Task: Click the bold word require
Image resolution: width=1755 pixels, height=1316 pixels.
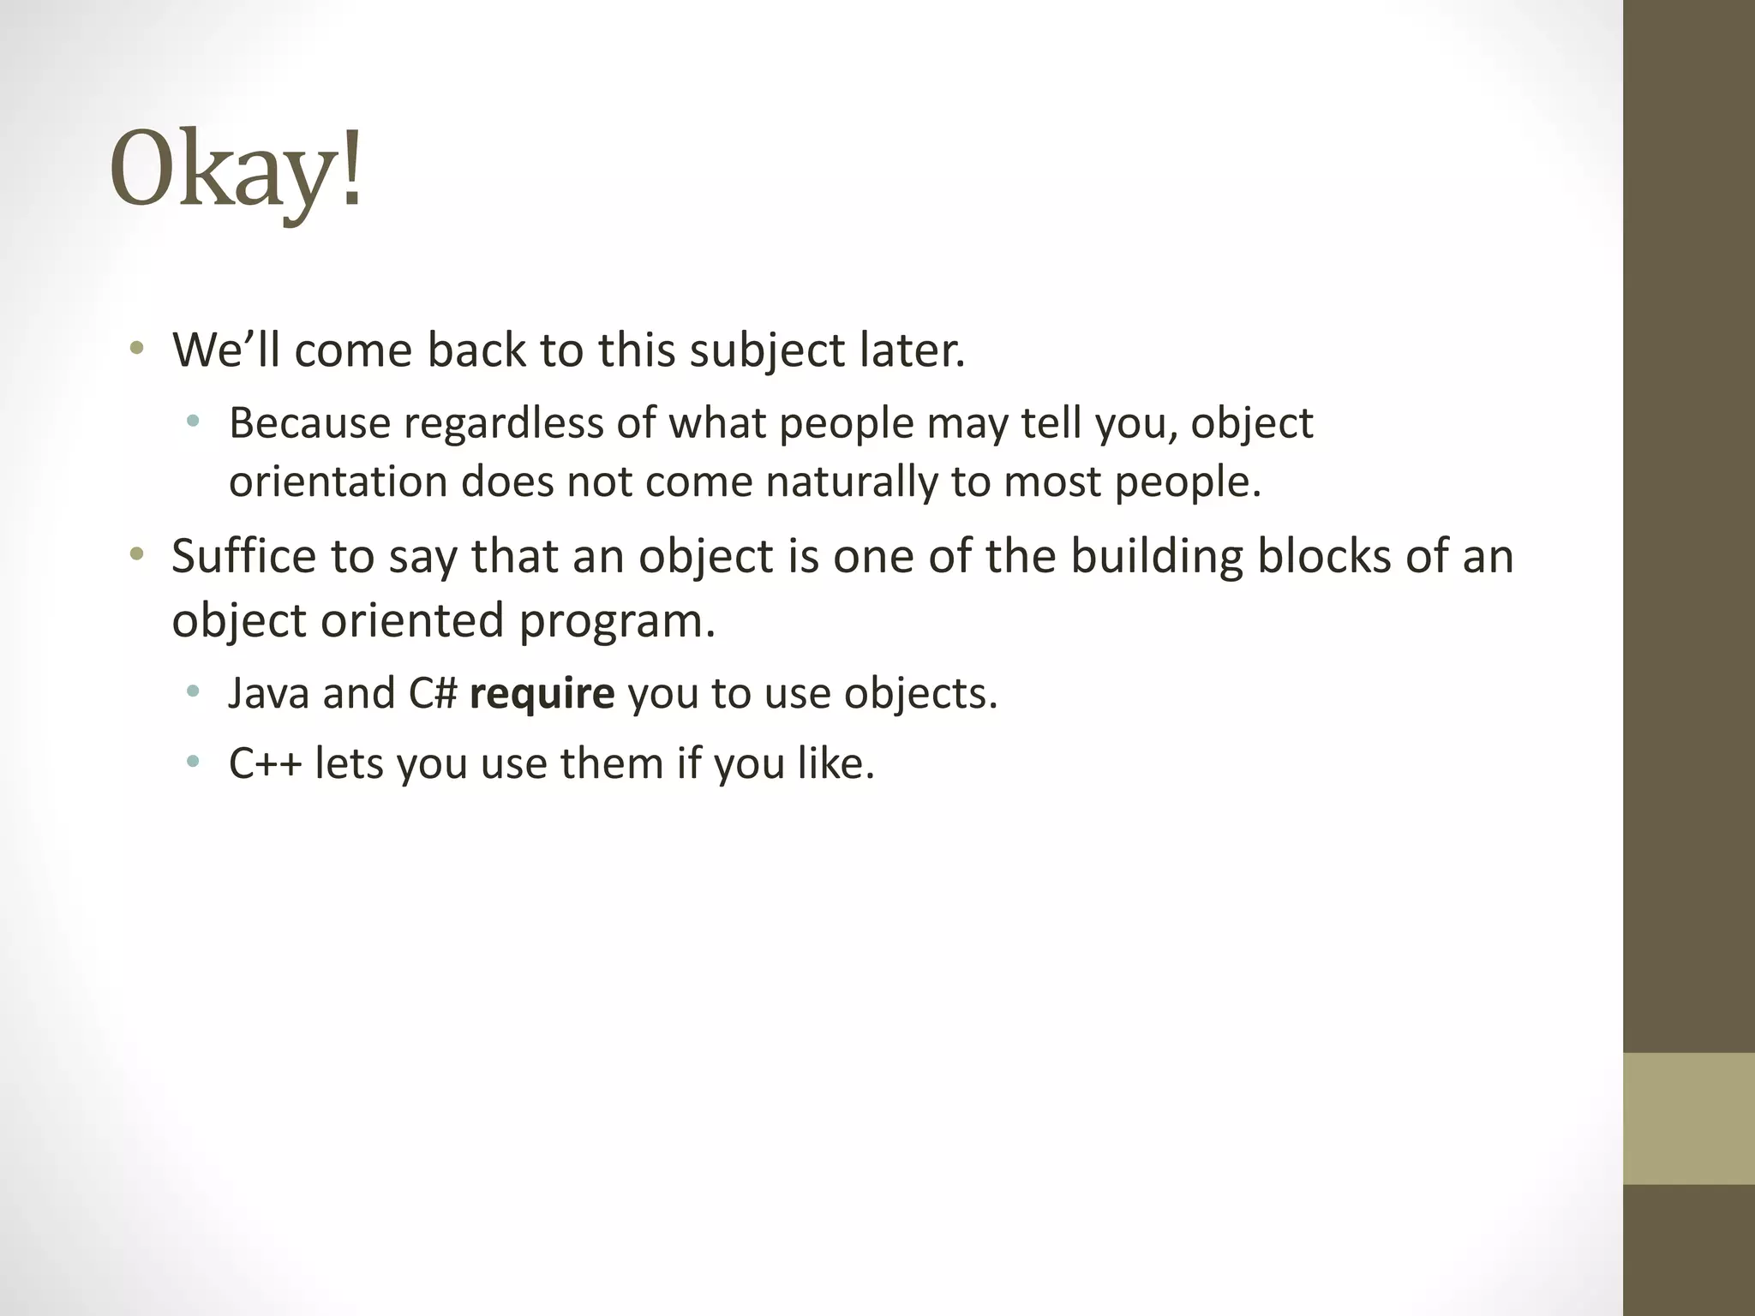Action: pyautogui.click(x=542, y=693)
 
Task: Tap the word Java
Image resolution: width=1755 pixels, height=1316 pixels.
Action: pyautogui.click(x=268, y=693)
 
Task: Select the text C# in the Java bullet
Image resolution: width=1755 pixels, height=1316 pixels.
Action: pyautogui.click(x=433, y=693)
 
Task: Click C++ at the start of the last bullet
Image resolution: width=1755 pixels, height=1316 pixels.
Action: pyautogui.click(x=265, y=763)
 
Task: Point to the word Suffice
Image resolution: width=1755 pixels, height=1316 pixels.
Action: pyautogui.click(x=243, y=556)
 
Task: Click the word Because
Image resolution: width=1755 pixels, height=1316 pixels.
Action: pyautogui.click(x=309, y=423)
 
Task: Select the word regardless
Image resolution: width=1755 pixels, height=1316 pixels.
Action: pyautogui.click(x=504, y=423)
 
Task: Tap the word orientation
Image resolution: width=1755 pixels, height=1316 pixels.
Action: pyautogui.click(x=338, y=482)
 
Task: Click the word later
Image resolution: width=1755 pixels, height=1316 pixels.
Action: pyautogui.click(x=913, y=351)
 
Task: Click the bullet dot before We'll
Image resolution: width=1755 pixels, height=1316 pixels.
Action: pyautogui.click(x=136, y=349)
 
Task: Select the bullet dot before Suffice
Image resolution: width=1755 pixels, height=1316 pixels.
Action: pyautogui.click(x=136, y=554)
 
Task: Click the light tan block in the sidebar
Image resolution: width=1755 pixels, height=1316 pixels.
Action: pyautogui.click(x=1688, y=1118)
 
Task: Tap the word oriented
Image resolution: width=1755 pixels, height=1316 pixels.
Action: pyautogui.click(x=412, y=621)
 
